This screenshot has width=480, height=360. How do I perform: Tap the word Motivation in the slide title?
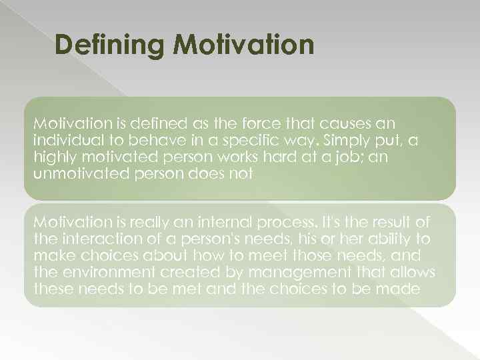[x=243, y=45]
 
